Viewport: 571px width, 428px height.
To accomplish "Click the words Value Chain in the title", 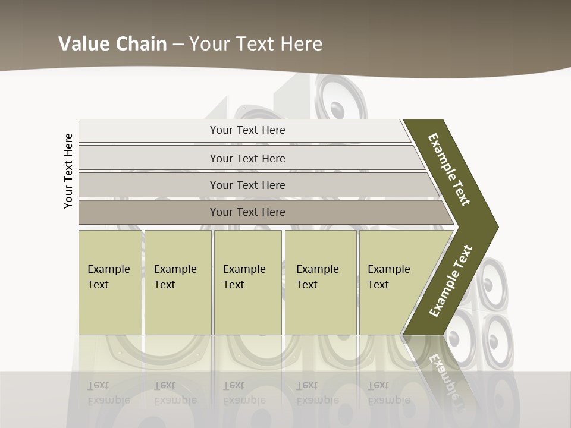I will click(x=112, y=44).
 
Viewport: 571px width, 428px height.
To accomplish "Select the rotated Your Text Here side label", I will click(x=68, y=171).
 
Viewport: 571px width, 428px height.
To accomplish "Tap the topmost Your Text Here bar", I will click(x=247, y=130).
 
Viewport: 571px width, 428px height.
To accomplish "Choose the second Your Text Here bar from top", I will click(x=247, y=158).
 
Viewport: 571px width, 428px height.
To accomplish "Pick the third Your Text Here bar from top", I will click(x=247, y=185).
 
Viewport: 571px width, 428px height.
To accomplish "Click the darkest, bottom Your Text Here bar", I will click(x=247, y=212).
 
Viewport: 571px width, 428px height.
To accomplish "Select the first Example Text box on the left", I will click(x=110, y=282).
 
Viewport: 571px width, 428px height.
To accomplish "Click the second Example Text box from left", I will click(x=177, y=282).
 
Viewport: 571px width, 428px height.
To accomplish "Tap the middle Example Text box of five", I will click(x=247, y=282).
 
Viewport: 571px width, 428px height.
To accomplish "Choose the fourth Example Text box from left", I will click(x=321, y=282).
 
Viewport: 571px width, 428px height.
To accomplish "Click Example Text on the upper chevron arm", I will click(x=450, y=169).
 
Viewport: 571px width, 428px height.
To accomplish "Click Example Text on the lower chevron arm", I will click(x=451, y=281).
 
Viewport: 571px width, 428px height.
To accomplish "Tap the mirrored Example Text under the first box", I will click(x=108, y=393).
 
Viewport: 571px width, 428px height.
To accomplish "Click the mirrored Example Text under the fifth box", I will click(x=389, y=393).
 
